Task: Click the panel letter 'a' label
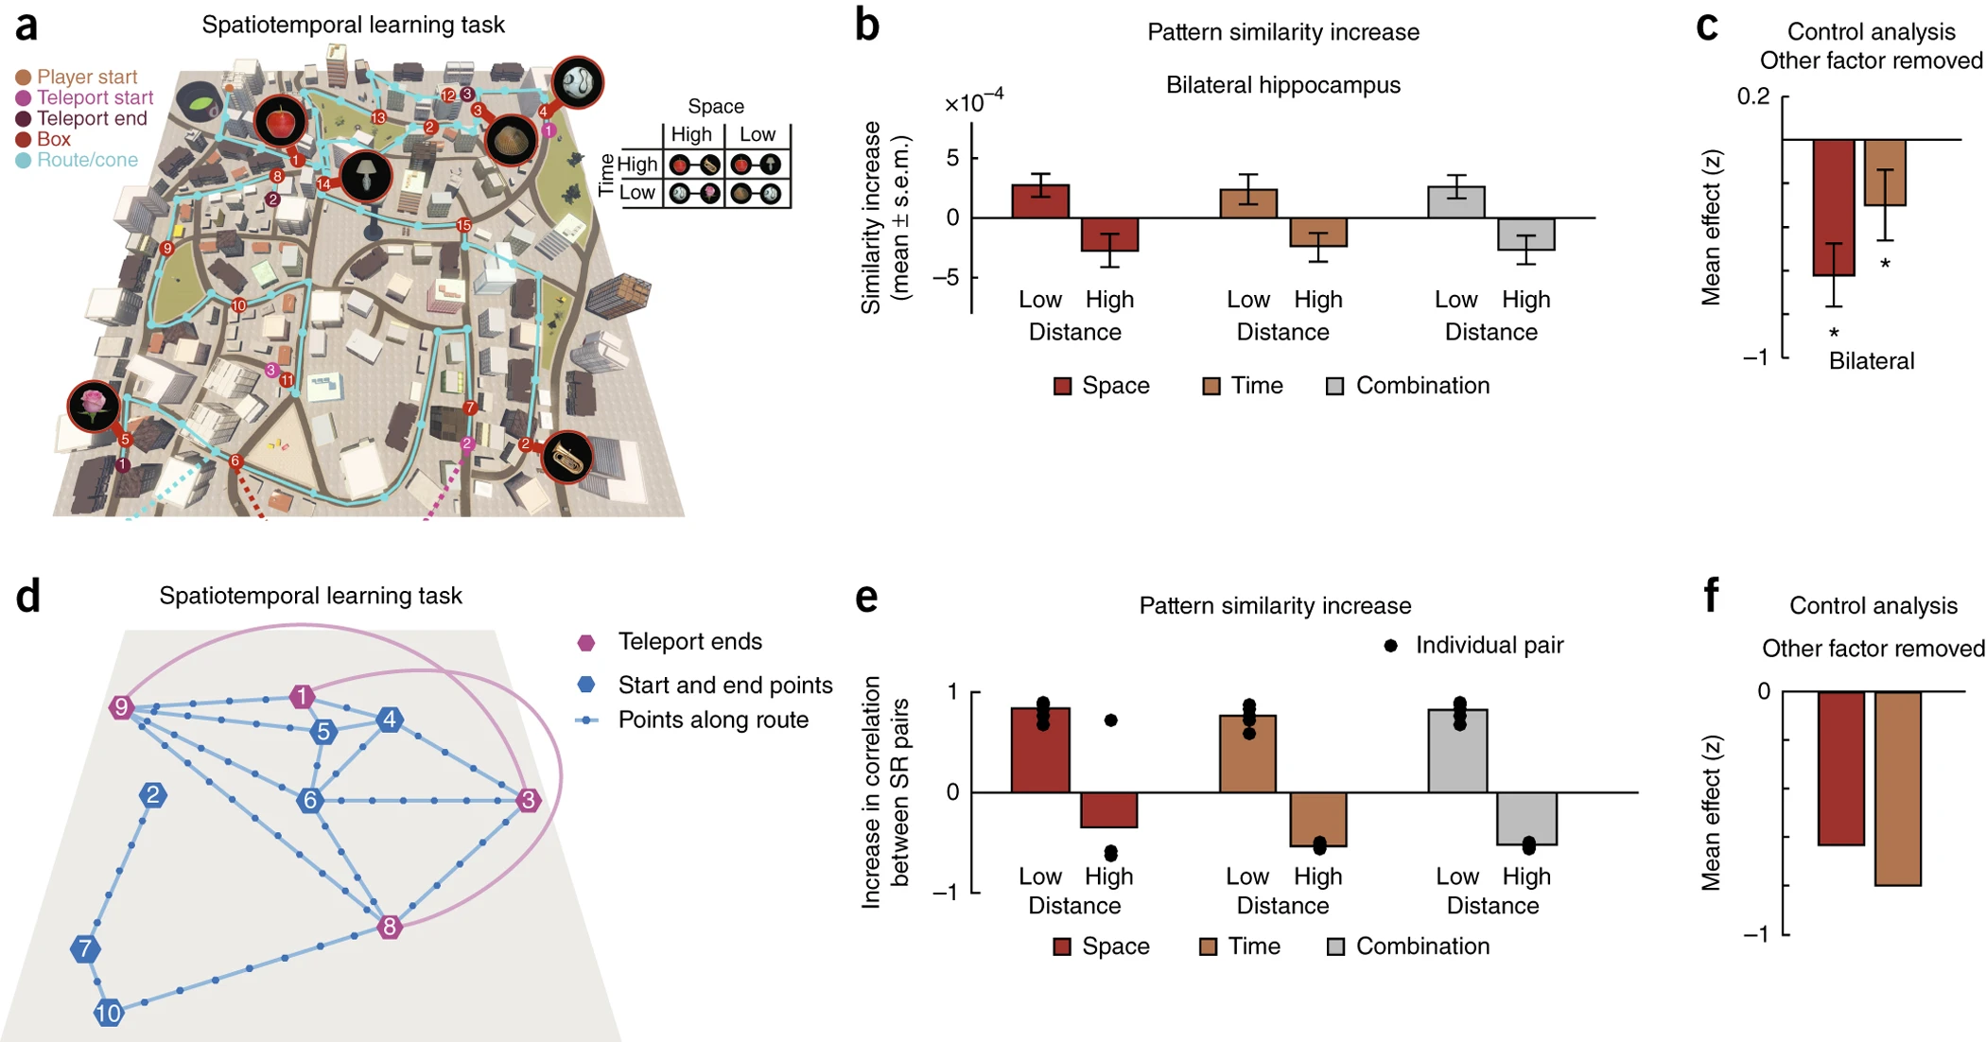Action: pos(26,26)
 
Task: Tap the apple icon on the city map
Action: pos(281,122)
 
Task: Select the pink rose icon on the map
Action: pos(94,406)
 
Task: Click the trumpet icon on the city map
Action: pos(567,459)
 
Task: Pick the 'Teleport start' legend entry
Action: pos(95,97)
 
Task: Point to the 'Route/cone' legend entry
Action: pos(87,160)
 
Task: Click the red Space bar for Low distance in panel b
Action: pos(1040,201)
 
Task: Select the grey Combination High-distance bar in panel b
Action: pos(1526,234)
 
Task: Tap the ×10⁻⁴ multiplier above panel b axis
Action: pos(974,101)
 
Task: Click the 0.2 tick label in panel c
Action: pos(1752,96)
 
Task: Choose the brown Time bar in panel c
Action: pos(1885,172)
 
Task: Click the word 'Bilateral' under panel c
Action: pos(1871,361)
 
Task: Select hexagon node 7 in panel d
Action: pos(85,948)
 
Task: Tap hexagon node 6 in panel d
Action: pos(309,801)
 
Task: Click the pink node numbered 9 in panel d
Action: pos(121,707)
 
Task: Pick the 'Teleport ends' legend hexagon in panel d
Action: pos(586,643)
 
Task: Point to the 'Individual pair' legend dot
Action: pos(1390,646)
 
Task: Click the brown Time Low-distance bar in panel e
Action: pos(1248,754)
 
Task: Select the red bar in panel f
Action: pos(1840,768)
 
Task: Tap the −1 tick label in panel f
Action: pos(1754,934)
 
